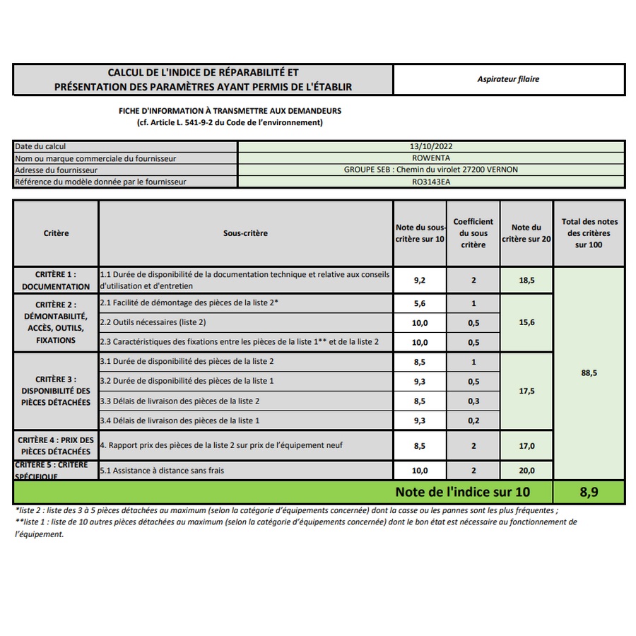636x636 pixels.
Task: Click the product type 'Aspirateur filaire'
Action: pos(508,79)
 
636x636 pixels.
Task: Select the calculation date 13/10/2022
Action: pos(431,146)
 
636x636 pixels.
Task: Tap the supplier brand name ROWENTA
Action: pos(431,158)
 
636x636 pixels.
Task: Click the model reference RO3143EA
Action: pos(431,182)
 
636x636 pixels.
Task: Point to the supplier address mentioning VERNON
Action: pos(431,170)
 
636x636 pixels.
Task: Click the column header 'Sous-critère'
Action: pos(245,233)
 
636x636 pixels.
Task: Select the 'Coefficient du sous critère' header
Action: pos(473,233)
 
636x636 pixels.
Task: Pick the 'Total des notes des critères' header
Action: pos(589,233)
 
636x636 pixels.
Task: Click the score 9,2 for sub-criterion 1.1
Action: pos(420,280)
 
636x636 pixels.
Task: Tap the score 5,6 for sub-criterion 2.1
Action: pos(420,303)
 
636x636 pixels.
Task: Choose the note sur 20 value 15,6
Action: pos(526,322)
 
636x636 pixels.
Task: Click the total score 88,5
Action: pos(589,372)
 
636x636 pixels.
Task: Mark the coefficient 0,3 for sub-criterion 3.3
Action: pos(473,401)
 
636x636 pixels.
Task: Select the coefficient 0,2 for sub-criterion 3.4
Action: pos(473,420)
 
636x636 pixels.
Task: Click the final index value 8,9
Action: pos(589,492)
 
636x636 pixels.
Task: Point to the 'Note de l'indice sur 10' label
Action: pos(462,492)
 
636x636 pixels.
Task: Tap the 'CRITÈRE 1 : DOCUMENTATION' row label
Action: pos(56,280)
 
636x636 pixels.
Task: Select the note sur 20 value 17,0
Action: pos(526,446)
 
